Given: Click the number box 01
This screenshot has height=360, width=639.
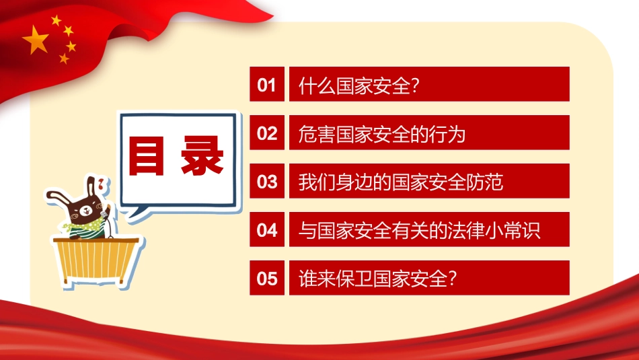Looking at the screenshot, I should click(x=267, y=84).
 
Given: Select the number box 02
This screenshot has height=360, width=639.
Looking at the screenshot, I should click(x=267, y=133).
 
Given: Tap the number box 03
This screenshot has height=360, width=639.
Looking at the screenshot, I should click(x=267, y=181).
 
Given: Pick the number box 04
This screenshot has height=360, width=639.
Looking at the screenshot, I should click(x=267, y=229).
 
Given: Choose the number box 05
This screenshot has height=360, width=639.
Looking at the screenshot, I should click(x=267, y=278).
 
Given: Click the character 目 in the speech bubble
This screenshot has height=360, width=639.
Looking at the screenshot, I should click(x=147, y=156).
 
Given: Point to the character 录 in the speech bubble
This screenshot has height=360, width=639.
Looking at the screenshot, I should click(x=202, y=156).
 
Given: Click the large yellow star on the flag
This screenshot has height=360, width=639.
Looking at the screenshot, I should click(x=36, y=41).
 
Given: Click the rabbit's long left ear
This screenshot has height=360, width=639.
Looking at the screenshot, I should click(x=58, y=197).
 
